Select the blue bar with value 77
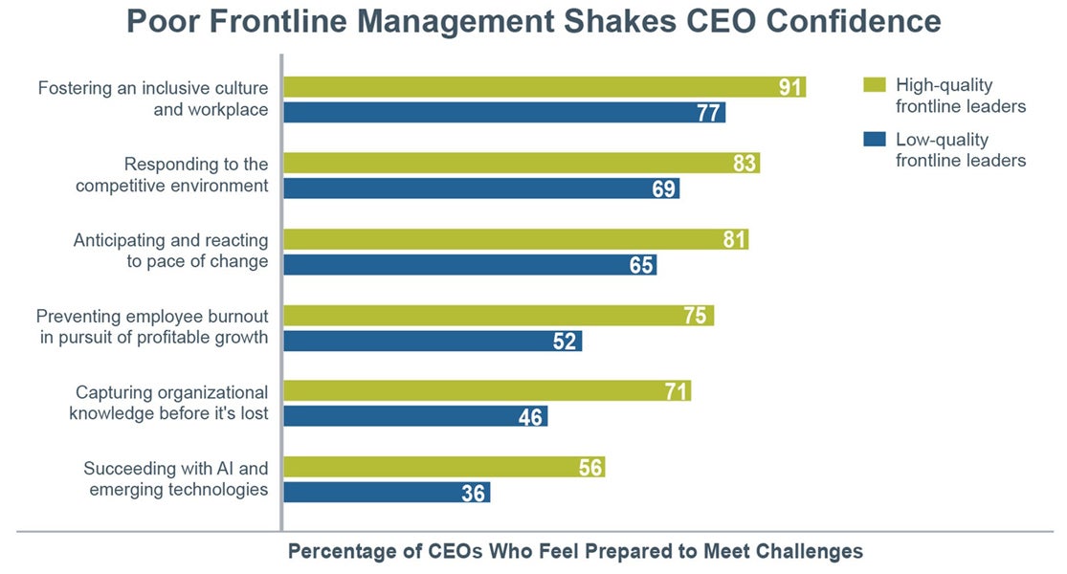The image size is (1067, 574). click(505, 112)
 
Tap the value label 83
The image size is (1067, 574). click(745, 164)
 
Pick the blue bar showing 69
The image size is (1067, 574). click(482, 188)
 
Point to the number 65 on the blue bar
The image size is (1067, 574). click(641, 265)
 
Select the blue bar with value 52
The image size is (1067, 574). click(433, 341)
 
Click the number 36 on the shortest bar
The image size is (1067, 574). click(475, 493)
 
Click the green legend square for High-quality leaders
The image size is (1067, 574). click(874, 85)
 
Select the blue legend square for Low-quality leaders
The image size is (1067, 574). click(874, 140)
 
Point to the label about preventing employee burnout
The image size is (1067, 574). click(152, 326)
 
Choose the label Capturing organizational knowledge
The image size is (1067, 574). click(171, 403)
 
